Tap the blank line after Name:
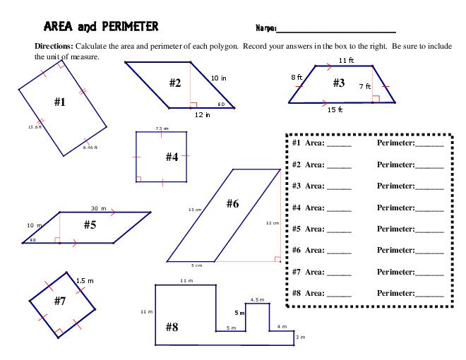[x=336, y=30]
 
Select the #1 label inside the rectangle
[x=60, y=102]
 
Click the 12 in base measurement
[x=203, y=114]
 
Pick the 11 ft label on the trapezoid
[x=346, y=61]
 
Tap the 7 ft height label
[x=364, y=85]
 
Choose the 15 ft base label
[x=335, y=109]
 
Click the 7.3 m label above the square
[x=162, y=128]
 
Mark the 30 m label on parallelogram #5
[x=98, y=208]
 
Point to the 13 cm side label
[x=196, y=210]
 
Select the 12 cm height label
[x=273, y=222]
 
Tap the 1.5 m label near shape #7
[x=85, y=280]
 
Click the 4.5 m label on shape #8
[x=258, y=299]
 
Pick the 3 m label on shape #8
[x=301, y=337]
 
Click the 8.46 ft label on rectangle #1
[x=90, y=148]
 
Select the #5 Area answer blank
[x=339, y=230]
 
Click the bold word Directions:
[x=54, y=44]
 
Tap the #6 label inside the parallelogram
[x=233, y=204]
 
